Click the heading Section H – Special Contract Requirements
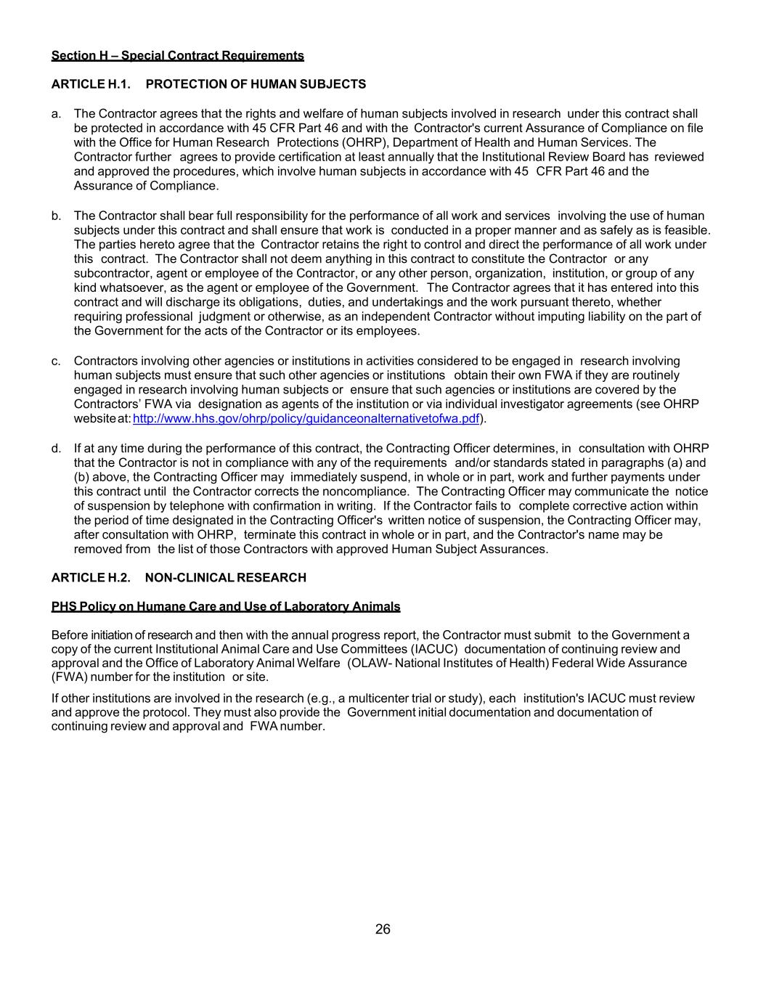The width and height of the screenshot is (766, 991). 177,56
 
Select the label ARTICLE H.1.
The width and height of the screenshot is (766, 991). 91,84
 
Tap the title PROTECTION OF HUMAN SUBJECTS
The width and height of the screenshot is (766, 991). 256,84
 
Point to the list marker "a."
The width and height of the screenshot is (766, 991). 56,114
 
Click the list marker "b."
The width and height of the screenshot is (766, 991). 56,216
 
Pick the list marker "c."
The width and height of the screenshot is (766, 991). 56,361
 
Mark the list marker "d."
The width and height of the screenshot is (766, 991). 56,449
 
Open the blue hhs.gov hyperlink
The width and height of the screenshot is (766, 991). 306,419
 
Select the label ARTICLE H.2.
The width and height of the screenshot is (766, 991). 91,578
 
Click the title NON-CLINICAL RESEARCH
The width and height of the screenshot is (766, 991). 225,578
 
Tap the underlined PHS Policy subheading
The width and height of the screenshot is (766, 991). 225,607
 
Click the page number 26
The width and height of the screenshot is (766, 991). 383,929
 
